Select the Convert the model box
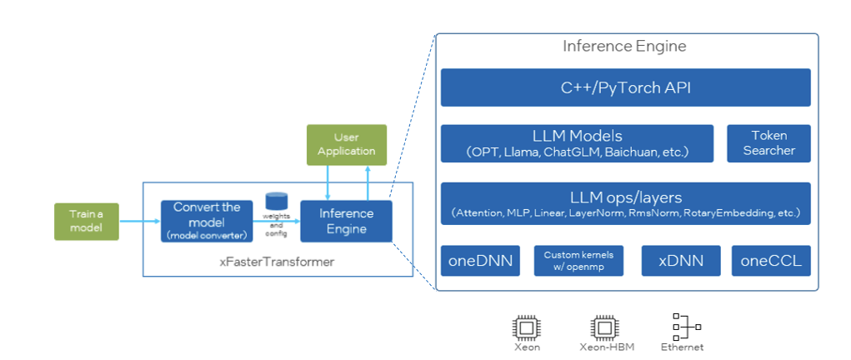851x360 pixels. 207,221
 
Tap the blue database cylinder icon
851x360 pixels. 276,201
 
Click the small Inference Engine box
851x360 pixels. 346,221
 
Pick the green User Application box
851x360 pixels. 346,144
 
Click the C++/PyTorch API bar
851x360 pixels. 625,87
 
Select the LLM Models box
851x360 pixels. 577,143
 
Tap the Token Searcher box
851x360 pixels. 768,143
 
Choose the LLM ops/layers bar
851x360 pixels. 625,204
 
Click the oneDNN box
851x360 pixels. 481,261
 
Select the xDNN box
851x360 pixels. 680,261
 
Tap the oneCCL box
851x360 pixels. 771,261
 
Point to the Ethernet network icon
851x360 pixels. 685,326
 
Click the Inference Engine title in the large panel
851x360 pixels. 624,46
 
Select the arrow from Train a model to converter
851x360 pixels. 139,221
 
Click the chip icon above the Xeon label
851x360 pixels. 527,326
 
